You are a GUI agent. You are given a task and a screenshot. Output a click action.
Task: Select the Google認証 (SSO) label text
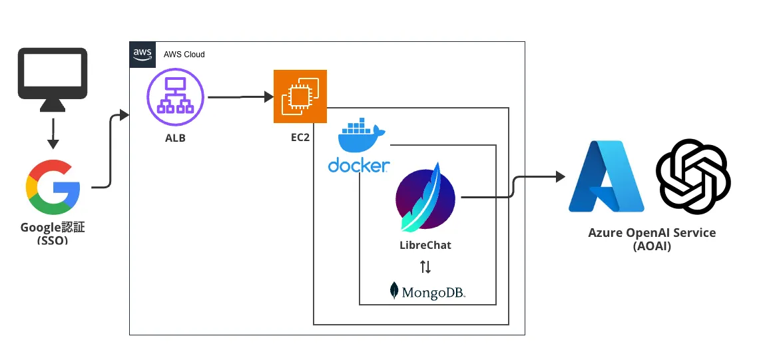click(x=53, y=233)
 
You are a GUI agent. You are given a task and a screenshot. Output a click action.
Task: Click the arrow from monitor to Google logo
click(x=53, y=133)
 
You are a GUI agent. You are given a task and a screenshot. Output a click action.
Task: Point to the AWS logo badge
click(x=141, y=54)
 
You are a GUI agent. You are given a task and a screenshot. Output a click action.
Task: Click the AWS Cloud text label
click(x=184, y=54)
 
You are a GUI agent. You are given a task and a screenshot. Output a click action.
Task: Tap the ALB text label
click(x=175, y=138)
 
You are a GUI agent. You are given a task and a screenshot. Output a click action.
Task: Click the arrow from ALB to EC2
click(x=240, y=97)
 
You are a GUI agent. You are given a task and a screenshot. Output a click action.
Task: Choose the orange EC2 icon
click(x=300, y=96)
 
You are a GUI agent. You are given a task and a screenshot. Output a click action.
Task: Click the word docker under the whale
click(x=359, y=165)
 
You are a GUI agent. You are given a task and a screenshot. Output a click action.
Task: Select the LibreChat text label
click(x=425, y=245)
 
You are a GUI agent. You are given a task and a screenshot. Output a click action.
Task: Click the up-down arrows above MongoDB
click(x=425, y=268)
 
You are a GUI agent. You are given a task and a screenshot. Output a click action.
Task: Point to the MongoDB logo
click(x=427, y=291)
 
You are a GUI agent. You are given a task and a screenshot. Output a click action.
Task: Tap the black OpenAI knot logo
click(x=693, y=177)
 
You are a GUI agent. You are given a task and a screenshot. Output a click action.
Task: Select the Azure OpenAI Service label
click(x=652, y=239)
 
